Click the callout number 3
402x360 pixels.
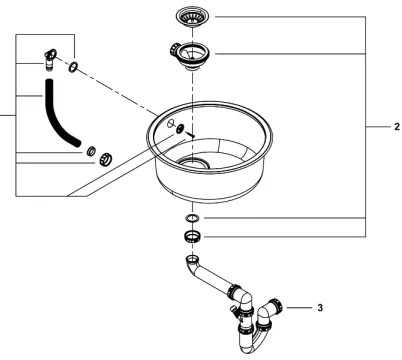[319, 307]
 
